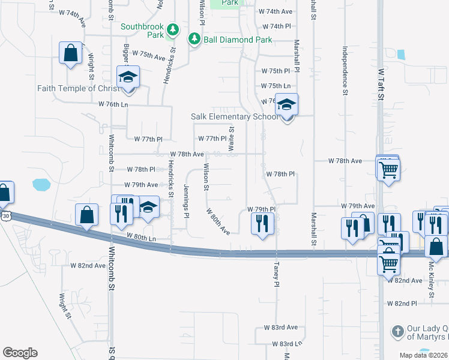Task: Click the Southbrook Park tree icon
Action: point(173,29)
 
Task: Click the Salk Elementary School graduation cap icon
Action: point(287,105)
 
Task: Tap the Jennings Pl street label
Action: point(187,202)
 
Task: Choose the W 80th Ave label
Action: point(218,221)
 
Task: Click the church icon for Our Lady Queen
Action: point(397,332)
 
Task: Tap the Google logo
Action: point(20,353)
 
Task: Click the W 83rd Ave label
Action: point(281,328)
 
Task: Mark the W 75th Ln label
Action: point(276,86)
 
